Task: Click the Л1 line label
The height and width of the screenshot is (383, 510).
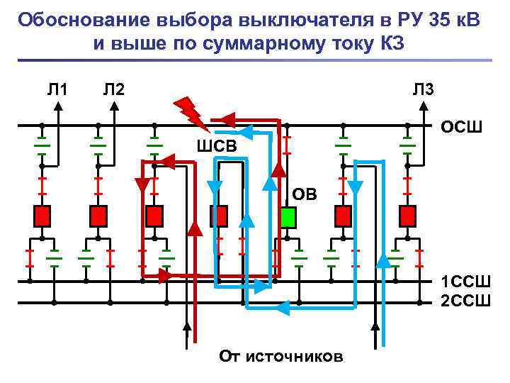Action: point(57,89)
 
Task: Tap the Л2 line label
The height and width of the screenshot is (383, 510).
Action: point(113,89)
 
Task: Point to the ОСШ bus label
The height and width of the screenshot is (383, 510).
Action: point(461,128)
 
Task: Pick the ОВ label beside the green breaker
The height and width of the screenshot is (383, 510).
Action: point(306,194)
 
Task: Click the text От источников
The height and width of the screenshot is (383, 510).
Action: point(281,355)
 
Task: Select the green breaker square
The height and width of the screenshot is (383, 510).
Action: point(288,216)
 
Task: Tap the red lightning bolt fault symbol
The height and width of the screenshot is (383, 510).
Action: point(189,111)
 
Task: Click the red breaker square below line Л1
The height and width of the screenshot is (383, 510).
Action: point(42,215)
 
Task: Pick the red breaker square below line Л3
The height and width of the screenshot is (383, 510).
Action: point(408,215)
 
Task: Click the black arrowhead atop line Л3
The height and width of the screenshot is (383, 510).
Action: point(423,106)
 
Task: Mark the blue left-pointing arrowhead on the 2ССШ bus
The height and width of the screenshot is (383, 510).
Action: point(283,307)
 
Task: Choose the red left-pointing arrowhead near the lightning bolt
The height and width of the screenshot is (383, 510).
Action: point(226,118)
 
